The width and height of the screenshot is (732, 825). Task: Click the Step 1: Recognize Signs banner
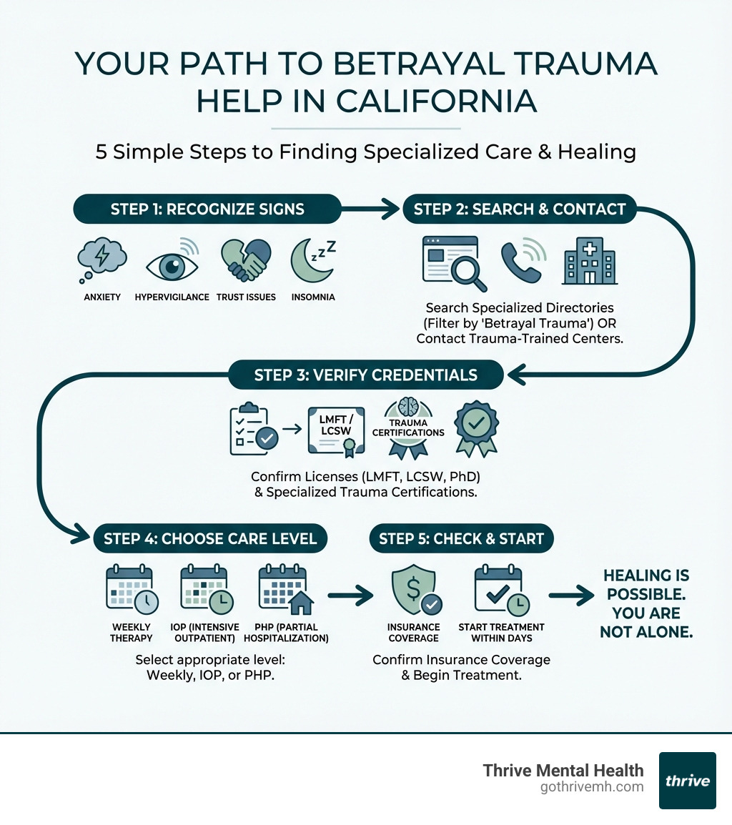pyautogui.click(x=207, y=209)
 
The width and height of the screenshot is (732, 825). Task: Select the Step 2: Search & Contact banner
pyautogui.click(x=519, y=209)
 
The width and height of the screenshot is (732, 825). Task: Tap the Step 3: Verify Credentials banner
pyautogui.click(x=366, y=375)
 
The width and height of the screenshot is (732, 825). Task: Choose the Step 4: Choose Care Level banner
pyautogui.click(x=210, y=538)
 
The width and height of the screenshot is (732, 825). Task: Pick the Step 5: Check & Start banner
pyautogui.click(x=461, y=538)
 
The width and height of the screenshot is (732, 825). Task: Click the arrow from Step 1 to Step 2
pyautogui.click(x=371, y=209)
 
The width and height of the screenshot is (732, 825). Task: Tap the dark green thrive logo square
pyautogui.click(x=687, y=780)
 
